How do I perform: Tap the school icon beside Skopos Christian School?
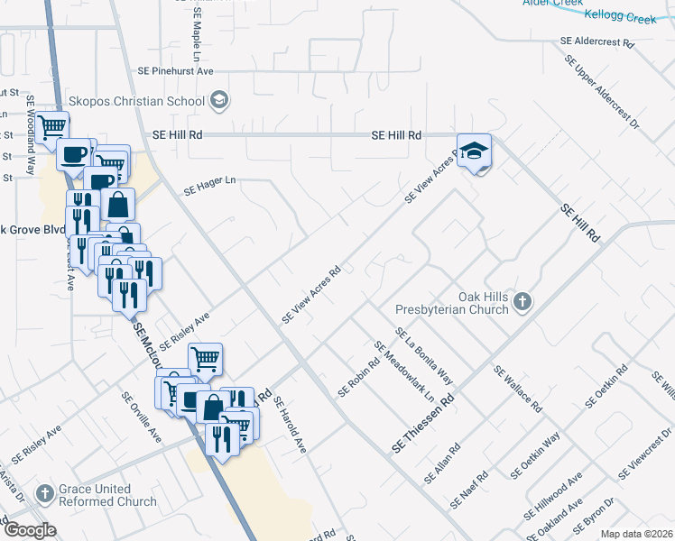point(218,101)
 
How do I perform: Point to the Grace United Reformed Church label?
point(107,495)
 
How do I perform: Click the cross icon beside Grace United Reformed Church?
point(44,494)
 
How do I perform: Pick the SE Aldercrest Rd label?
point(598,41)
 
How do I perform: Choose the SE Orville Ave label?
point(143,417)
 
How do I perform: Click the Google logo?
point(30,530)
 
